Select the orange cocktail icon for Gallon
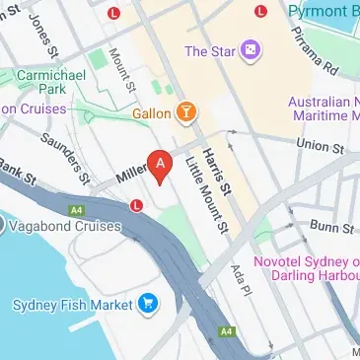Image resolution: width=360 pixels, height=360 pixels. point(183,113)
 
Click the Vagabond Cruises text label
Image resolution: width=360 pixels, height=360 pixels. point(67,226)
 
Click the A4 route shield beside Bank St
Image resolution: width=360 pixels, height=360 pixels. point(76,209)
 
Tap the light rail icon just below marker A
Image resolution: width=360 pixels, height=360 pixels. point(136,204)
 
